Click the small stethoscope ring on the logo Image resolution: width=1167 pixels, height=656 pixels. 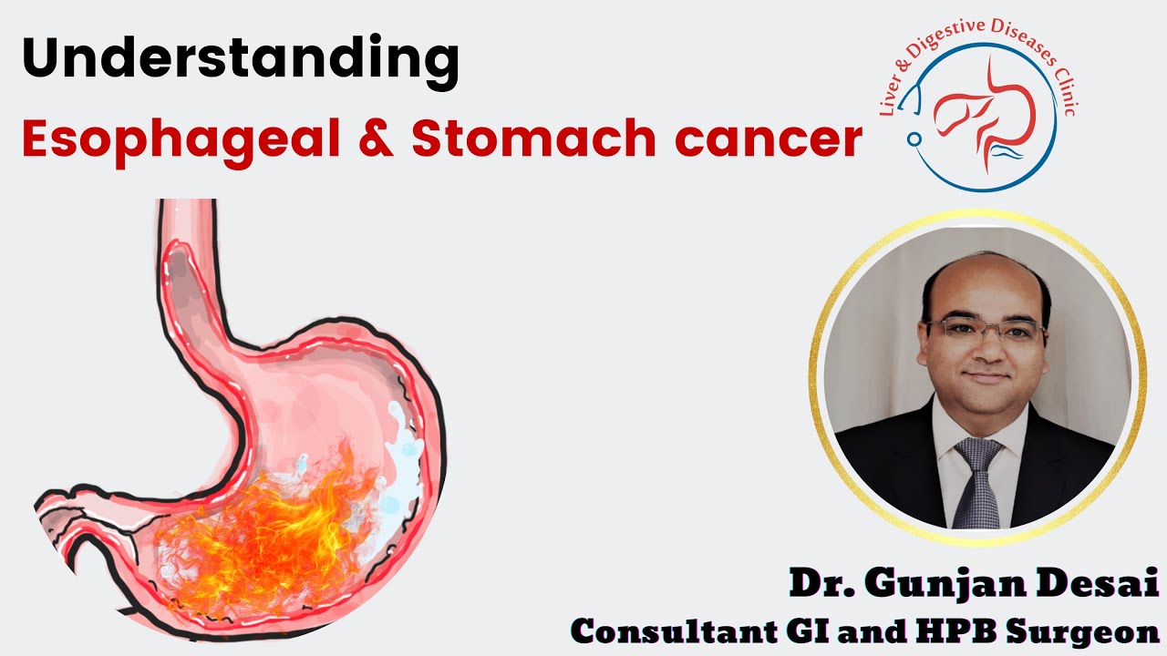(914, 138)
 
